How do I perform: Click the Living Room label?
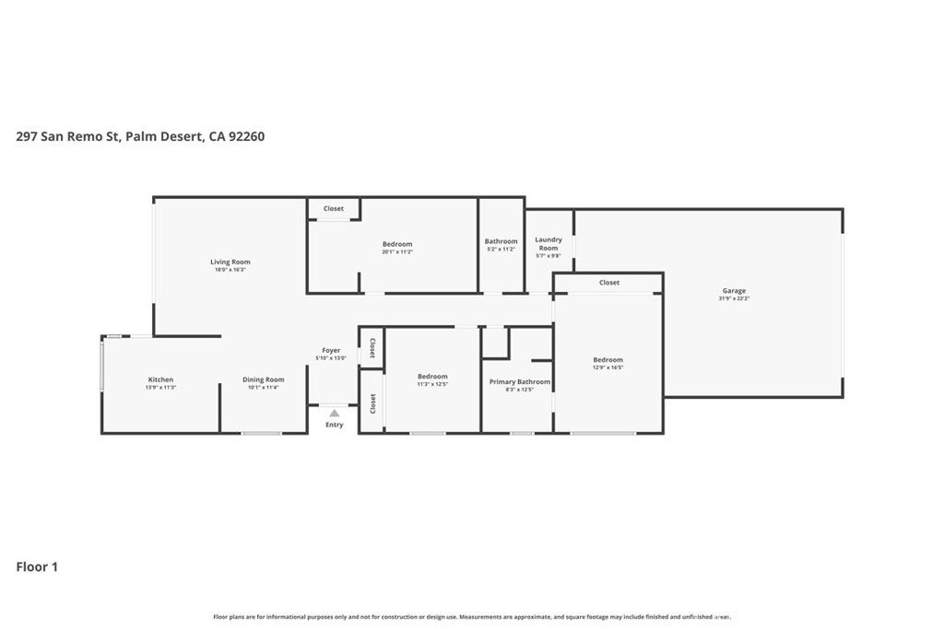[230, 262]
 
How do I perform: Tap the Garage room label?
[734, 291]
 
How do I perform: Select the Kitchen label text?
[160, 379]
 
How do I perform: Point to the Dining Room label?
[263, 379]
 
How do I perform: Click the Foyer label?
[331, 350]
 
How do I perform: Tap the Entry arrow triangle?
[334, 414]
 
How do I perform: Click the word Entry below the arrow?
[334, 425]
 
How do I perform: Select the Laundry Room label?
[549, 243]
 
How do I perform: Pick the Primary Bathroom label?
[520, 381]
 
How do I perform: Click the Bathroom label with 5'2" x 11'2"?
[501, 241]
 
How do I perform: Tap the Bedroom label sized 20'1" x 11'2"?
[397, 244]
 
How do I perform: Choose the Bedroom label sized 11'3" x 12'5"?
[432, 376]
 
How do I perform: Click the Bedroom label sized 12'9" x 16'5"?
[608, 360]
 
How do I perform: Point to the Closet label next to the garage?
[608, 283]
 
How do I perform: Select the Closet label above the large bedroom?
[333, 209]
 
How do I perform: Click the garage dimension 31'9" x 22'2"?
[734, 299]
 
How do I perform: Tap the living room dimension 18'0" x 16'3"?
[230, 270]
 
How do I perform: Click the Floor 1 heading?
[37, 567]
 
